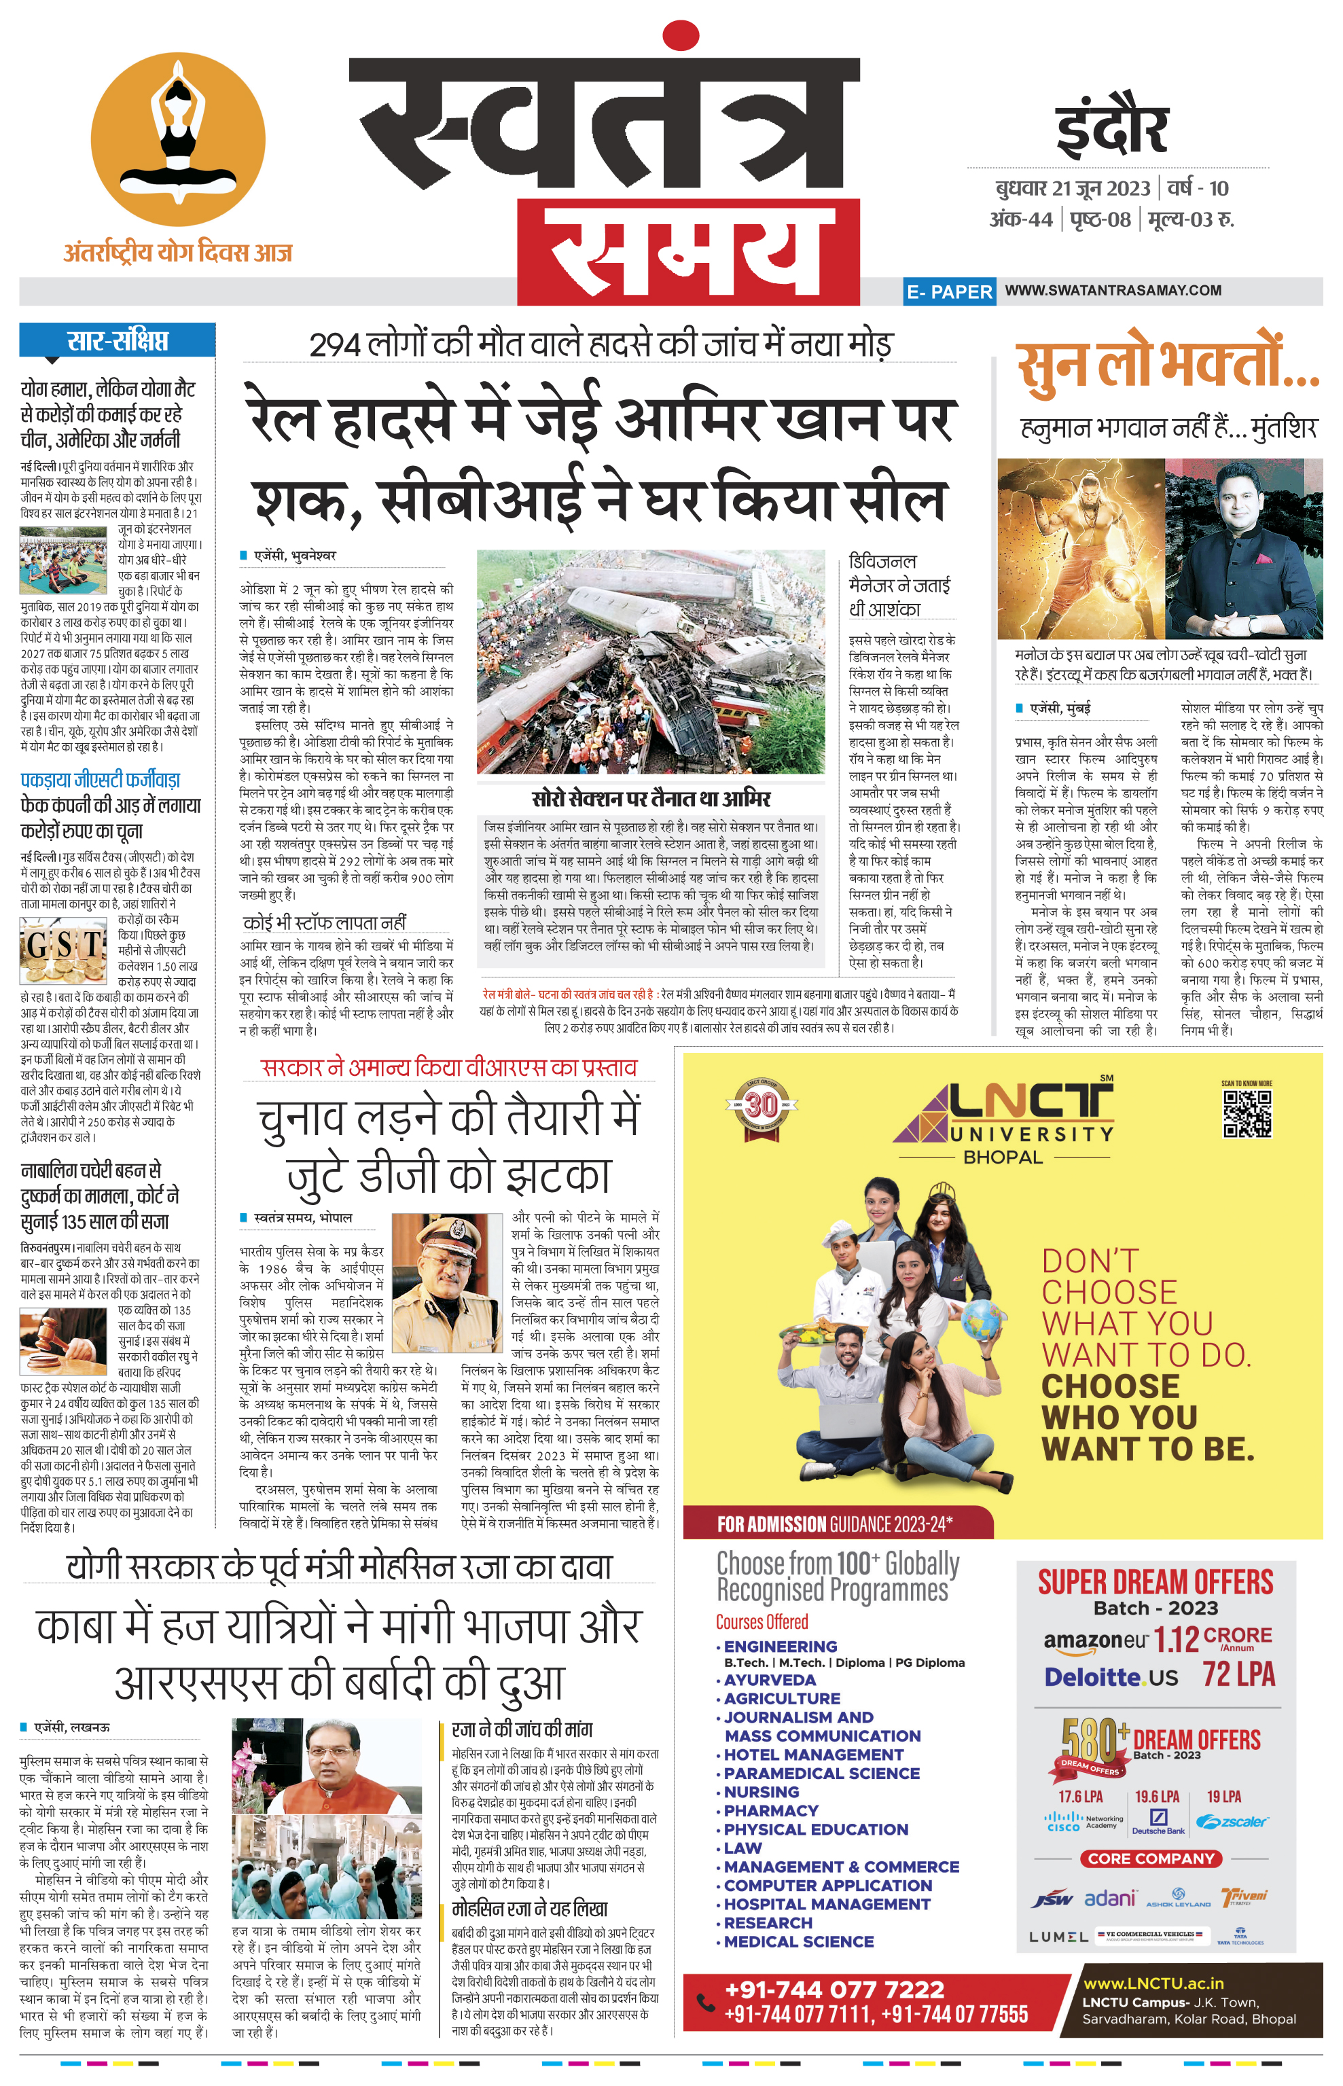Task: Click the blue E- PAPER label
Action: (949, 291)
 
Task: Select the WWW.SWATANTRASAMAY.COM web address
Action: (1113, 291)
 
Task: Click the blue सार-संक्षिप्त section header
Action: (117, 340)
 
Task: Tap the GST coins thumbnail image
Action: (64, 952)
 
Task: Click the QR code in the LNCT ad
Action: (1247, 1113)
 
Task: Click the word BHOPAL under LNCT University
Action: (1003, 1157)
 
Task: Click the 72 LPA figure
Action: (1238, 1674)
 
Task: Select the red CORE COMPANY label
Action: (1151, 1858)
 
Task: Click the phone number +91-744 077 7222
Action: (835, 1989)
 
